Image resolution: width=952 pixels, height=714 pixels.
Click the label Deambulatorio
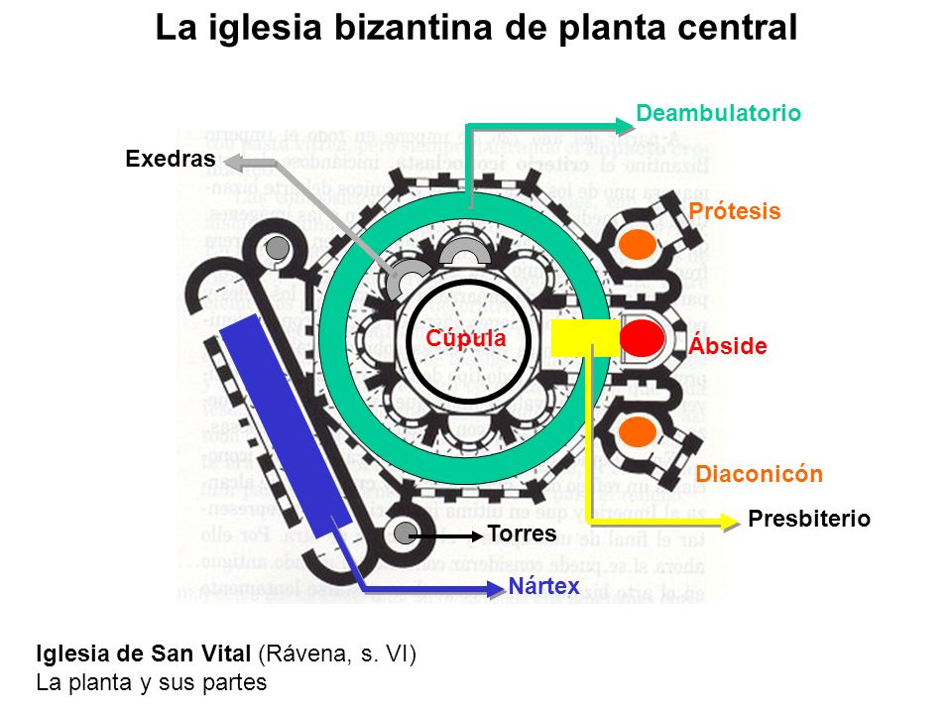click(x=718, y=113)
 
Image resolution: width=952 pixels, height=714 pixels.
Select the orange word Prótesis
click(x=735, y=211)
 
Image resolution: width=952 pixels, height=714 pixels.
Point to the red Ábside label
click(x=728, y=346)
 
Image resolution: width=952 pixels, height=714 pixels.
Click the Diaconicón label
click(x=759, y=474)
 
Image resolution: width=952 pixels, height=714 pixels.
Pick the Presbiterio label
click(x=809, y=519)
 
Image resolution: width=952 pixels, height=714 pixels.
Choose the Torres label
click(x=522, y=535)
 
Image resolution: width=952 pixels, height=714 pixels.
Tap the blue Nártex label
click(x=543, y=585)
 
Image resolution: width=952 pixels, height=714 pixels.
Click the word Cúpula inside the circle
click(x=466, y=338)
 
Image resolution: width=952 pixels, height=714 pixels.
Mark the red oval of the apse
click(x=641, y=338)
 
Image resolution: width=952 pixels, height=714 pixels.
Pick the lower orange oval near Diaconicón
click(x=638, y=431)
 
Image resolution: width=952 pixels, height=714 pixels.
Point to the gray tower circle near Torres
click(x=403, y=534)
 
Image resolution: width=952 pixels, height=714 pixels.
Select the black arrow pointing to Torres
click(x=446, y=535)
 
